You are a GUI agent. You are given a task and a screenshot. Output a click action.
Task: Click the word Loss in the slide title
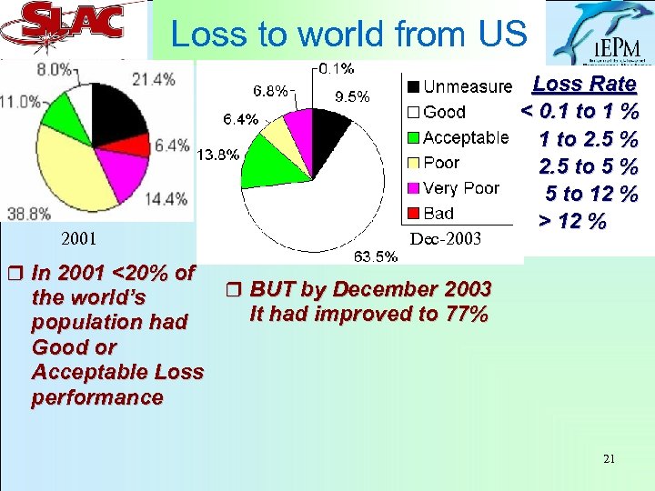pyautogui.click(x=205, y=35)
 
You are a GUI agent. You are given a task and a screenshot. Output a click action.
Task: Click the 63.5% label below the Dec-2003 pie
pyautogui.click(x=375, y=256)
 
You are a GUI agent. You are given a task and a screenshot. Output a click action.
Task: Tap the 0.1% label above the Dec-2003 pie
pyautogui.click(x=337, y=67)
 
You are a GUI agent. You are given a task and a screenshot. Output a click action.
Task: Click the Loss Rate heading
pyautogui.click(x=584, y=85)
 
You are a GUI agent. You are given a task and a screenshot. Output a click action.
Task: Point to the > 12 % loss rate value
pyautogui.click(x=571, y=221)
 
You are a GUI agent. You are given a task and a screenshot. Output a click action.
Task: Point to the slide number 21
pyautogui.click(x=609, y=459)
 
